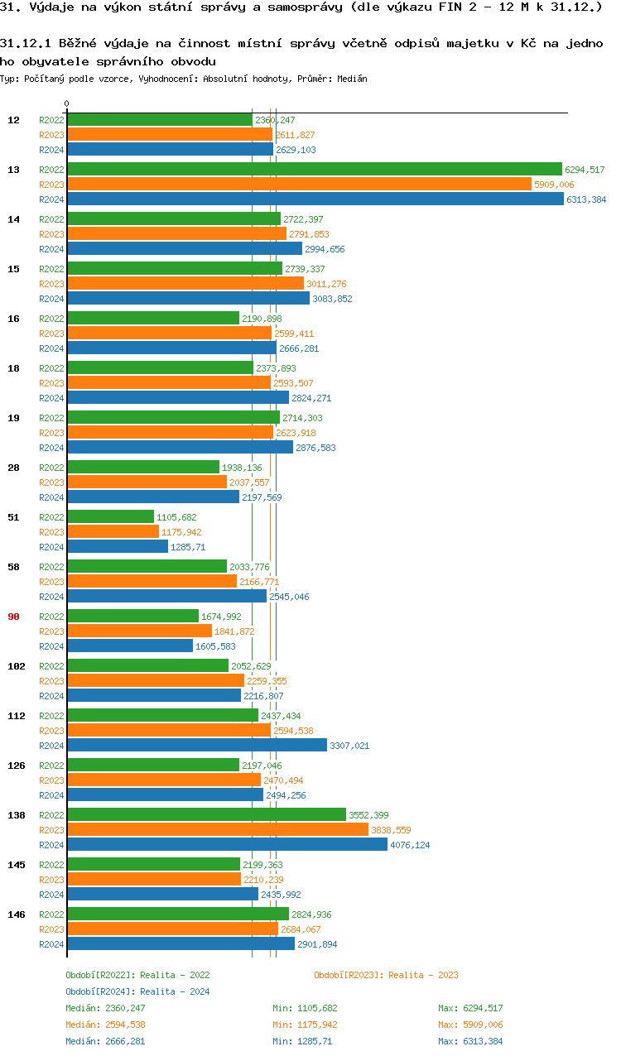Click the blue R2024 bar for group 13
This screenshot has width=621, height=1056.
[315, 199]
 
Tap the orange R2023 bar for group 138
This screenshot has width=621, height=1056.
[217, 830]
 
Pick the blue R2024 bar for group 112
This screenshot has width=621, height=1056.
[196, 746]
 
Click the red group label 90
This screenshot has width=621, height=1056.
[13, 617]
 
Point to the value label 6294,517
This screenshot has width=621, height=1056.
[585, 170]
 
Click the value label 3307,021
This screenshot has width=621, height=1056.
[349, 746]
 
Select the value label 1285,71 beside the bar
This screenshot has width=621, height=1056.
[188, 547]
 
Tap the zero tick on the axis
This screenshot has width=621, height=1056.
[66, 104]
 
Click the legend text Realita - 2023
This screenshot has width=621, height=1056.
[423, 975]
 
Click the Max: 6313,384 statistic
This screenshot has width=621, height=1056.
[470, 1041]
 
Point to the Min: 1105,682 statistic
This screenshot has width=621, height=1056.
[305, 1008]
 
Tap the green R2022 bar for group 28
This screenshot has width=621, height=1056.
[142, 468]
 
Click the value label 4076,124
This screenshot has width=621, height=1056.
[410, 845]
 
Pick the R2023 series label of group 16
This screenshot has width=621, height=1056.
[51, 334]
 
